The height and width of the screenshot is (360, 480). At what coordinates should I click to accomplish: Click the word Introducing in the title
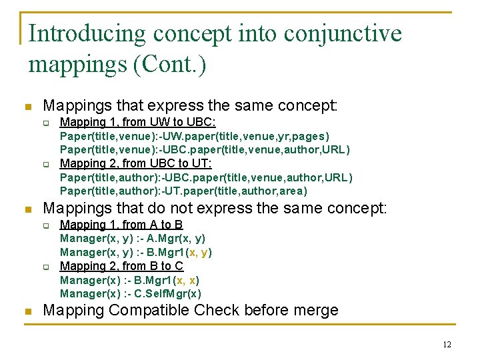coord(87,33)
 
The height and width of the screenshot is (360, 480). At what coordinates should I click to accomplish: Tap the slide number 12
coord(447,345)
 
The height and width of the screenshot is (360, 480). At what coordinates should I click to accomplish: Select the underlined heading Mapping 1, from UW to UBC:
coord(138,122)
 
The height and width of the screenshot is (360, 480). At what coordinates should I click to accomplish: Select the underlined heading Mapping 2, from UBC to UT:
coord(136,163)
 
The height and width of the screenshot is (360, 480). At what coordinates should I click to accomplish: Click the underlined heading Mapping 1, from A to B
coord(121,225)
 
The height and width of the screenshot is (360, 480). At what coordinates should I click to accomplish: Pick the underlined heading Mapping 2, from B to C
coord(121,266)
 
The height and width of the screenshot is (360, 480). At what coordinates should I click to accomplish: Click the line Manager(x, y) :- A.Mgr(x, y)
coord(133,239)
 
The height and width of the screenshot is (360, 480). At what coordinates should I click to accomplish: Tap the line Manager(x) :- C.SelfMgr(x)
coord(131,293)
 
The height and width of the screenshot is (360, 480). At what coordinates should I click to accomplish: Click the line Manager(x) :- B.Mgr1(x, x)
coord(129,280)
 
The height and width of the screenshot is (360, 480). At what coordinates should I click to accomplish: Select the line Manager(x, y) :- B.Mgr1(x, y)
coord(136,253)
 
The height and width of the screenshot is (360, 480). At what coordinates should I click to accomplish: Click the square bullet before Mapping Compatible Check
coord(27,311)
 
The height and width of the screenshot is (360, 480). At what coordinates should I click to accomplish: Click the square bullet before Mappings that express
coord(27,106)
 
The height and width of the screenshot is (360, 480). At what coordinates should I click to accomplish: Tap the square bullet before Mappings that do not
coord(27,209)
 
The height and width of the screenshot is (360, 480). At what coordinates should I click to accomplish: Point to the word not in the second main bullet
coord(188,209)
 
